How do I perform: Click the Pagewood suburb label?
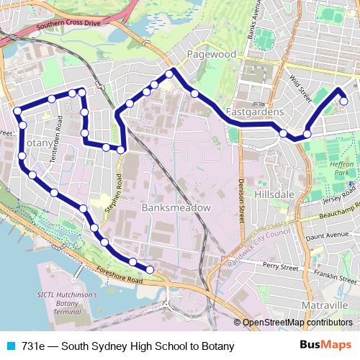(210, 54)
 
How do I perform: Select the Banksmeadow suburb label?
(176, 207)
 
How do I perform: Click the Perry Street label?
(280, 266)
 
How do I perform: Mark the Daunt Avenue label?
(327, 235)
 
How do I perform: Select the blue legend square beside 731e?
(11, 346)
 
